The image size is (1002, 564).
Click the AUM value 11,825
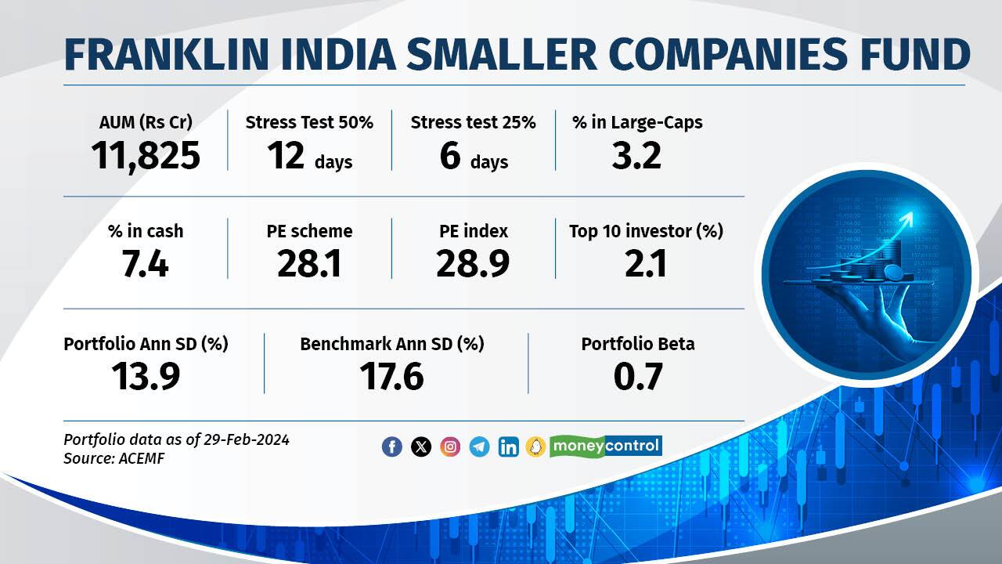point(146,155)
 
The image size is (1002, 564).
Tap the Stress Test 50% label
point(309,122)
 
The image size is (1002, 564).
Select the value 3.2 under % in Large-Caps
point(636,155)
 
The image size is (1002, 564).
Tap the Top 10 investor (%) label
point(646,231)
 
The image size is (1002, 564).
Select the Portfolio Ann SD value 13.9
point(146,377)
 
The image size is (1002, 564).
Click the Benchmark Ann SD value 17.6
point(391,377)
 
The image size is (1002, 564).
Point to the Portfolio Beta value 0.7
point(638,377)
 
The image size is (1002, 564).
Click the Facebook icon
point(392,446)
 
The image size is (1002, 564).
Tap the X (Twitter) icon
point(421,446)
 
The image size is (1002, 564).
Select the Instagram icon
point(450,446)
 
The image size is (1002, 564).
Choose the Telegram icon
point(479,446)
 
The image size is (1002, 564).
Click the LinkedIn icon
point(508,446)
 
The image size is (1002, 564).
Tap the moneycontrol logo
point(605,446)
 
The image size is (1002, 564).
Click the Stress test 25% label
point(473,122)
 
